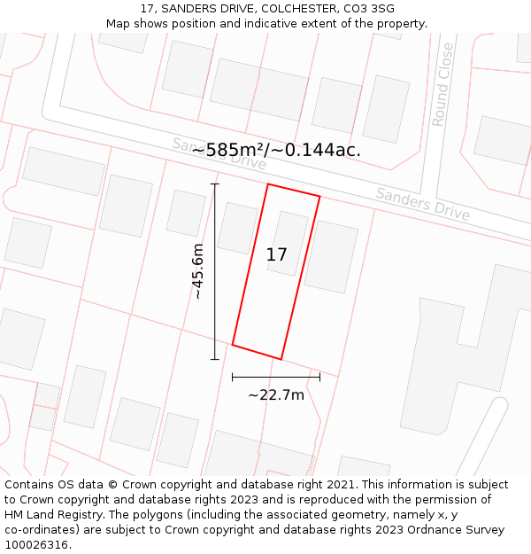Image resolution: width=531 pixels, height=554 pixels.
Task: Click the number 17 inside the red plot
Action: pyautogui.click(x=276, y=255)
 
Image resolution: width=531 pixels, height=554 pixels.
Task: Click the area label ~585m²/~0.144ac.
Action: pyautogui.click(x=276, y=150)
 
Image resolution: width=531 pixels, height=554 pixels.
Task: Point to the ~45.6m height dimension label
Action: pyautogui.click(x=198, y=271)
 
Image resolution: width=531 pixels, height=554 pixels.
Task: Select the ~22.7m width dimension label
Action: pyautogui.click(x=275, y=395)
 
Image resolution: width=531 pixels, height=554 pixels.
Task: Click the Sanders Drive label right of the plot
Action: pyautogui.click(x=422, y=205)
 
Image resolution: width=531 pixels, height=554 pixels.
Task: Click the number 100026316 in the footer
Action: pyautogui.click(x=36, y=545)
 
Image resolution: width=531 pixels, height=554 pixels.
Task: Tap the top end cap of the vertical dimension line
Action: pyautogui.click(x=214, y=184)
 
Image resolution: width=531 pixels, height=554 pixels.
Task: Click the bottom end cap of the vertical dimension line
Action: pyautogui.click(x=214, y=359)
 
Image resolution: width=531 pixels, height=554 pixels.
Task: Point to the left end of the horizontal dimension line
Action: pyautogui.click(x=233, y=377)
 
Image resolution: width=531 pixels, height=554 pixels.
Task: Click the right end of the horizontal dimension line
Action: pyautogui.click(x=319, y=377)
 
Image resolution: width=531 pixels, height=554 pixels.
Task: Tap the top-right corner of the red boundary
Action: pyautogui.click(x=319, y=198)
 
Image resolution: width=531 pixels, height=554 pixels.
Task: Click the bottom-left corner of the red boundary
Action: pyautogui.click(x=233, y=344)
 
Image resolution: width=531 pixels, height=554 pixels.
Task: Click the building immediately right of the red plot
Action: pyautogui.click(x=330, y=257)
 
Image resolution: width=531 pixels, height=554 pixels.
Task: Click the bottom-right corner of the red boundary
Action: pyautogui.click(x=281, y=359)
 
